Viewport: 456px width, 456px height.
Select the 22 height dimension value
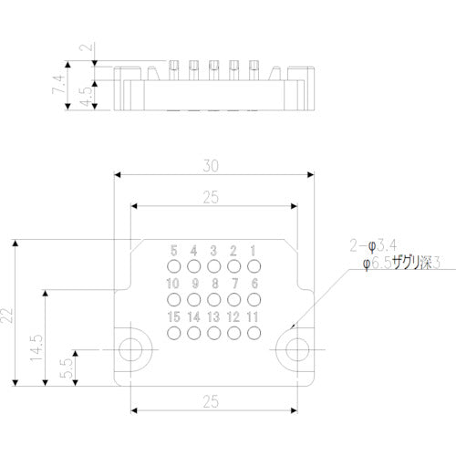tap(8, 315)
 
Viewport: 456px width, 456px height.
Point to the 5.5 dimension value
tap(66, 368)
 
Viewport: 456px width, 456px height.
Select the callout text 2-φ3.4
tap(373, 245)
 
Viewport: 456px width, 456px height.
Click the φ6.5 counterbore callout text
tap(402, 264)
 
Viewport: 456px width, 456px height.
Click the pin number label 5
tap(173, 251)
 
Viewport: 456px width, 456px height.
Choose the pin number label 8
tap(213, 284)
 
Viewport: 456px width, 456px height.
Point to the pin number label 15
tap(173, 316)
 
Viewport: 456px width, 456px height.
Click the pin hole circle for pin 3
tap(213, 266)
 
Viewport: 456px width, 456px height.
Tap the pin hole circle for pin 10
tap(173, 299)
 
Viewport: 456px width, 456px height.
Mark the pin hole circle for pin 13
tap(213, 333)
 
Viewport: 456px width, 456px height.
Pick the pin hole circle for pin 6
tap(254, 299)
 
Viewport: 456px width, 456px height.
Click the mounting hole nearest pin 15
tap(132, 348)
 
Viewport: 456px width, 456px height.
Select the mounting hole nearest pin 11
tap(294, 348)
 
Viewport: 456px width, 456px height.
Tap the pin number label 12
tap(233, 316)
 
